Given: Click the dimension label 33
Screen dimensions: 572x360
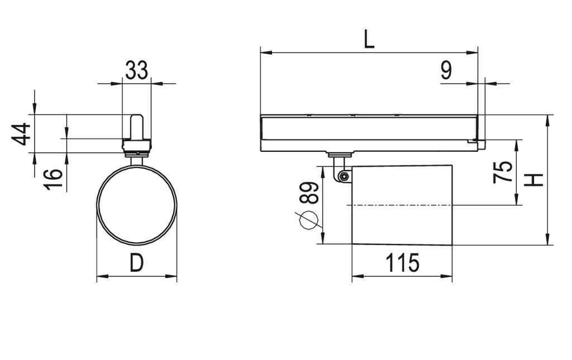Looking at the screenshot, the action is [137, 70].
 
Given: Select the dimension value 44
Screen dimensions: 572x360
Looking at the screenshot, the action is [21, 134].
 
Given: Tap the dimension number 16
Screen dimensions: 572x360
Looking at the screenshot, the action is [53, 179].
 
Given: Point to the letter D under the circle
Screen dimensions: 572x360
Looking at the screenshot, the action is [137, 263].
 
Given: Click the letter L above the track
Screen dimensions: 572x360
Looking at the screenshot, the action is [369, 39].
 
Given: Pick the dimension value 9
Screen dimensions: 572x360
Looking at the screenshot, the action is [446, 70].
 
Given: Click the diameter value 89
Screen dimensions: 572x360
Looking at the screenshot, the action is [309, 193].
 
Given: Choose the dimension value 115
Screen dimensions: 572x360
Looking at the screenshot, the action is [402, 263].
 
